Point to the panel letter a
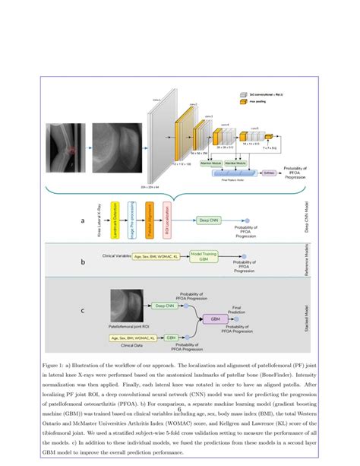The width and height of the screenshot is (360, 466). [82, 220]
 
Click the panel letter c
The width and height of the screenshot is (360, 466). [82, 310]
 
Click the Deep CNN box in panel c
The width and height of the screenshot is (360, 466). [163, 306]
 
